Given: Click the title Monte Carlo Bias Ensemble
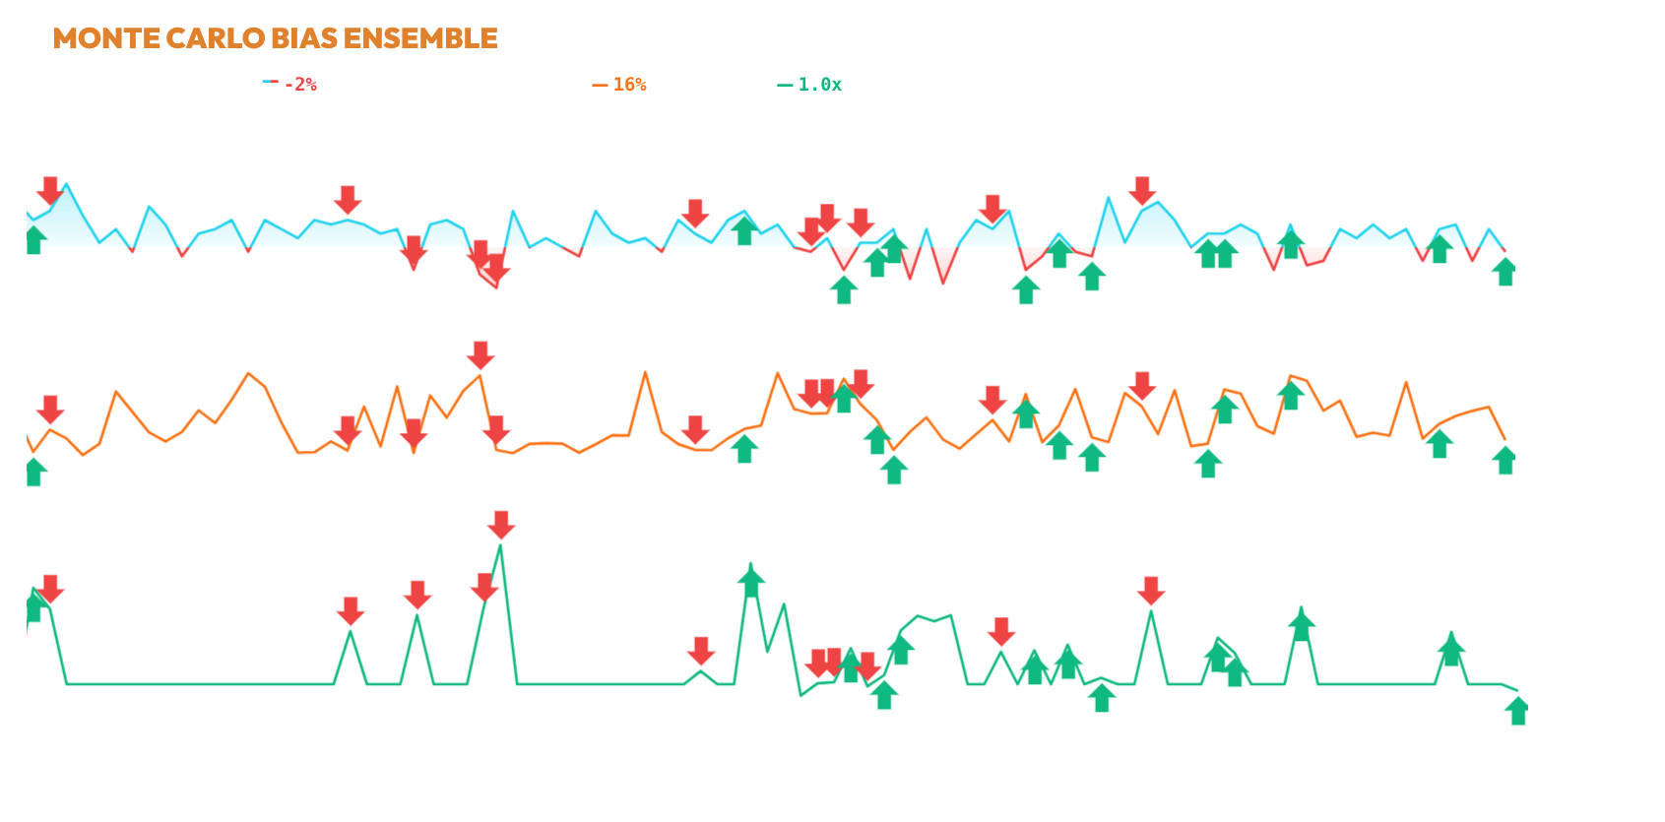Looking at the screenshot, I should (275, 38).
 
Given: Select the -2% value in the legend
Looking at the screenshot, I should (300, 85).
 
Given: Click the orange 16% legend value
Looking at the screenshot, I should (630, 85).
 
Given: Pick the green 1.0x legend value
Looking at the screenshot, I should (819, 85).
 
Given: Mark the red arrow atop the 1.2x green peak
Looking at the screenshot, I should (501, 525).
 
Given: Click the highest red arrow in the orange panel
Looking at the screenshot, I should (480, 355).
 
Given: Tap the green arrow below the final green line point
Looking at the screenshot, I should (1517, 711).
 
